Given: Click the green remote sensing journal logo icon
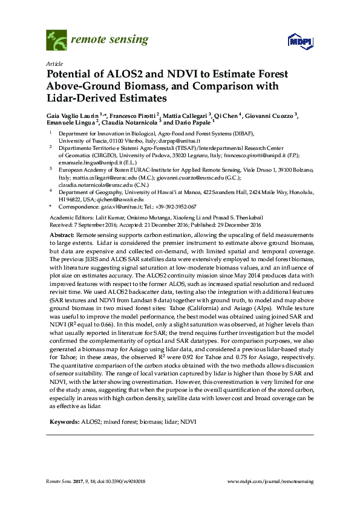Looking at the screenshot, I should (57, 41).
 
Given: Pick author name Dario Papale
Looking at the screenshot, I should (195, 122).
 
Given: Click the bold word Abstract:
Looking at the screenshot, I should (62, 234).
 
